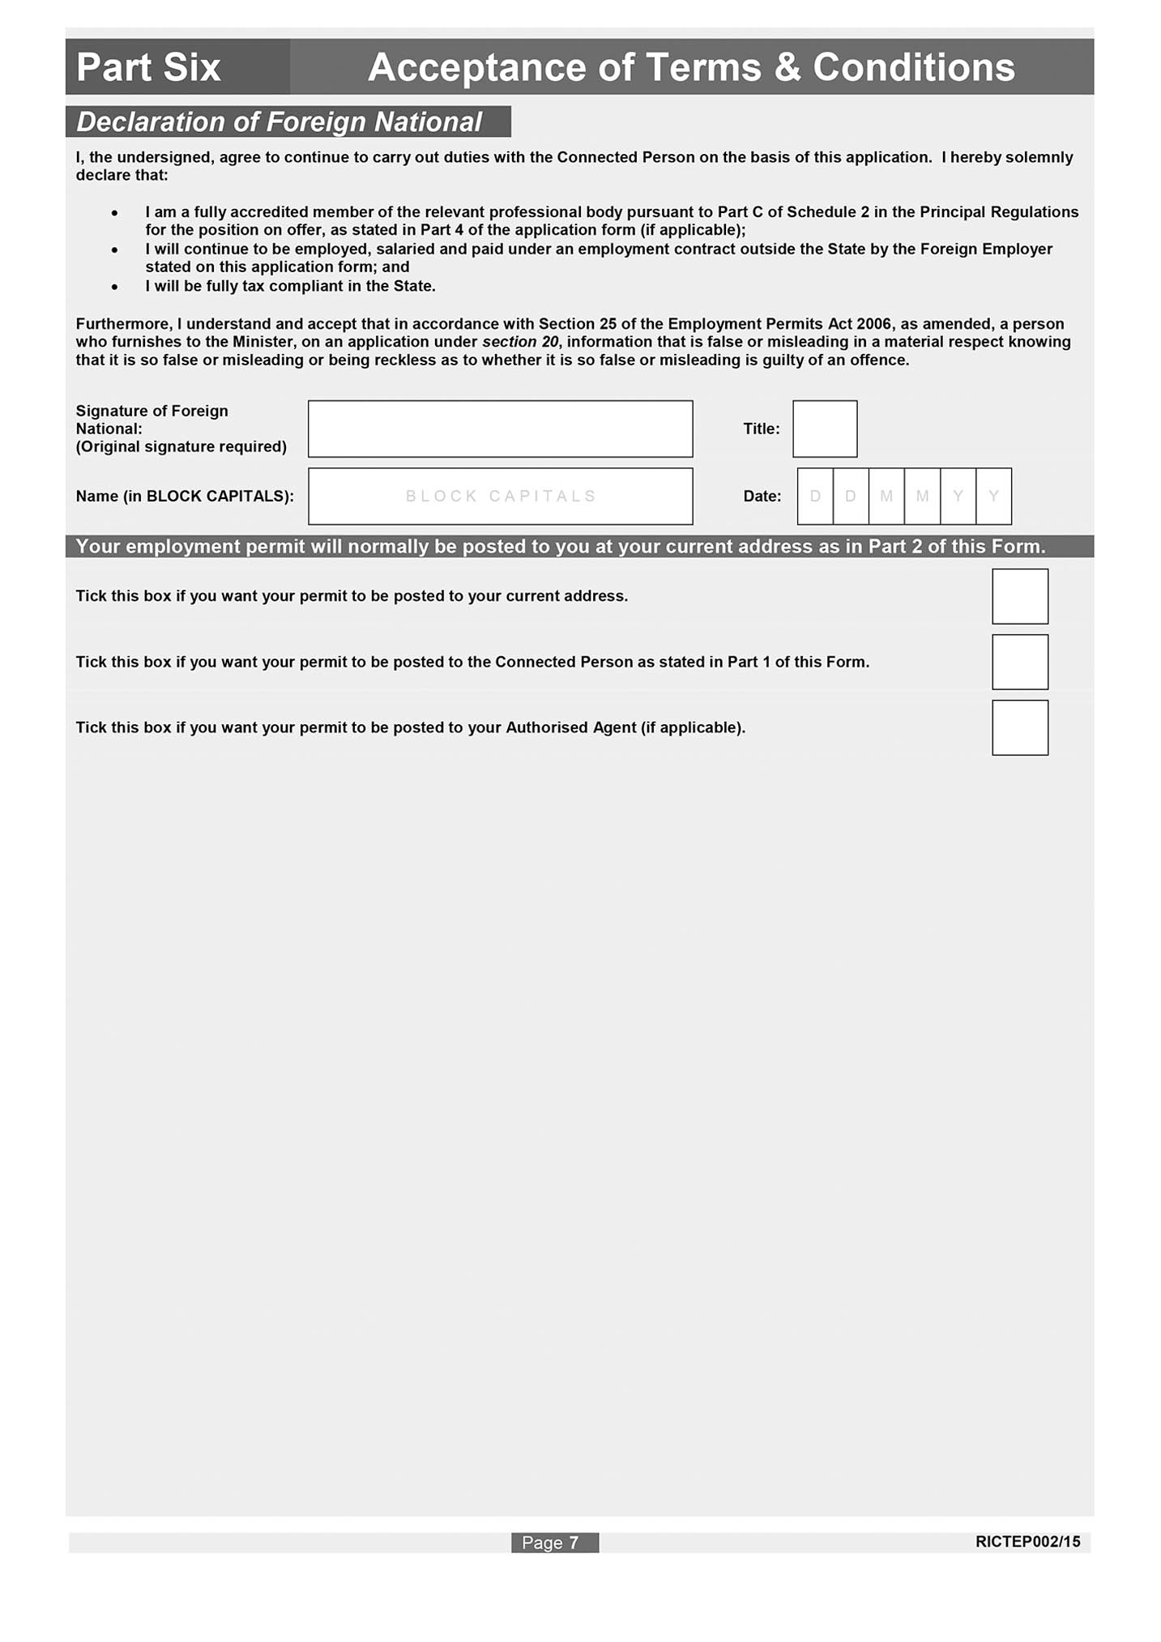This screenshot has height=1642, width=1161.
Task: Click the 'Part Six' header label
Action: pos(148,67)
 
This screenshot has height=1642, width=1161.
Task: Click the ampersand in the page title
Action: pos(787,67)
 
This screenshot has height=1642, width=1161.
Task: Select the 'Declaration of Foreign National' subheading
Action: pos(279,122)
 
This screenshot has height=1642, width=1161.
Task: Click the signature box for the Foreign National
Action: pos(500,429)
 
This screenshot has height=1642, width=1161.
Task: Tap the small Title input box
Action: pos(824,429)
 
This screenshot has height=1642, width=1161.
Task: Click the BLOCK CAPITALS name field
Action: pos(500,496)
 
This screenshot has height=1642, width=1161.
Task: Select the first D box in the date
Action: pos(815,496)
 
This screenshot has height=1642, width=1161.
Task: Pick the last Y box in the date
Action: pos(993,496)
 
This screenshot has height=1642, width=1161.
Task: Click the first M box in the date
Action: pos(886,496)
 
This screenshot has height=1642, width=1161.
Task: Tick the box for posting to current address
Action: pos(1019,596)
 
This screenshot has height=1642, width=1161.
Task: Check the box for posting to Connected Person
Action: pos(1019,662)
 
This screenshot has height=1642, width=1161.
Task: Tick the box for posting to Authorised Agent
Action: pos(1019,727)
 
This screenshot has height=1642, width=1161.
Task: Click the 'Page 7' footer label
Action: pos(554,1542)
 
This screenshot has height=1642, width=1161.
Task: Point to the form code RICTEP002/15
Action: pos(1027,1542)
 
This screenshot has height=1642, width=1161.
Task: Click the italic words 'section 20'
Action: pos(520,342)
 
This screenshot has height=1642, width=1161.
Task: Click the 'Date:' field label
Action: pos(762,496)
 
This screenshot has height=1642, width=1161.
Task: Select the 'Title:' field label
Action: pos(761,429)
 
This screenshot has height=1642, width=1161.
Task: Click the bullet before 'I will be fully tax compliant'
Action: pos(115,287)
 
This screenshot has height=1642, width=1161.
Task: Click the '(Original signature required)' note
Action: pos(181,446)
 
